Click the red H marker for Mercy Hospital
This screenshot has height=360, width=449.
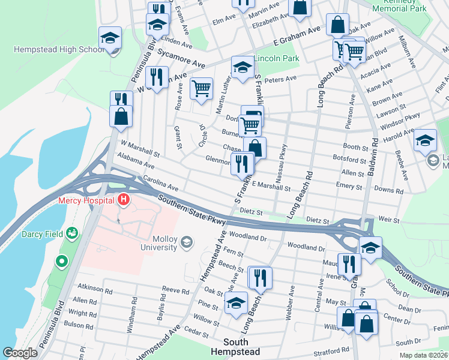tap(124, 199)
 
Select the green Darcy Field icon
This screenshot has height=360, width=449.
tap(73, 232)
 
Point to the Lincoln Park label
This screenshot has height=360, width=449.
tap(276, 59)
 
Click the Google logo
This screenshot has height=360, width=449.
tap(20, 353)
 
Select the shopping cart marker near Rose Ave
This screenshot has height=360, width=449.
tap(201, 88)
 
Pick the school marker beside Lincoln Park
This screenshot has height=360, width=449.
tap(242, 67)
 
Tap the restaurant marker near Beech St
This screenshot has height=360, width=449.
tap(260, 277)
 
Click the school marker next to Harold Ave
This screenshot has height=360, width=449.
tap(425, 140)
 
